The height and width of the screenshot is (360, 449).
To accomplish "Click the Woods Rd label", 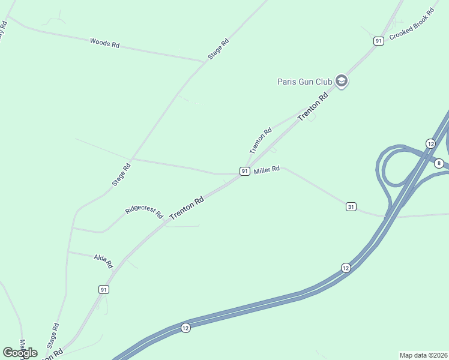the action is click(x=104, y=43).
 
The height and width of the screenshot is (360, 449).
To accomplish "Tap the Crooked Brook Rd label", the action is click(x=412, y=25).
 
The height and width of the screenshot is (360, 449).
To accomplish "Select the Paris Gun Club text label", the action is click(x=304, y=82).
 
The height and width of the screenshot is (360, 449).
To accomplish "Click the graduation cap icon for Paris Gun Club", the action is click(x=342, y=81).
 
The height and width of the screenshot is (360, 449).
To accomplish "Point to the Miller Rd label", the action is click(x=267, y=170).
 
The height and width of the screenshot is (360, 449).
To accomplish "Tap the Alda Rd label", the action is click(x=103, y=260).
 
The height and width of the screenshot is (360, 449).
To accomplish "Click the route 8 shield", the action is click(x=439, y=163).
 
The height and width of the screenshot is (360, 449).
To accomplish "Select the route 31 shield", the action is click(x=351, y=207).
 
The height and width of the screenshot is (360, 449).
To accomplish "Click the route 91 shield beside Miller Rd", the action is click(x=244, y=172).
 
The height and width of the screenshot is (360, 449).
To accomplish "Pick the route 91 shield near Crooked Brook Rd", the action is click(x=378, y=41).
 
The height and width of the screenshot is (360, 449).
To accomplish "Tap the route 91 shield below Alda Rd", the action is click(x=104, y=289).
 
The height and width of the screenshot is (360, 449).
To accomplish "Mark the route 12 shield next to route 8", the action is click(x=430, y=143).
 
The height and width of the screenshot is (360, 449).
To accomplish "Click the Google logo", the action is click(x=20, y=353).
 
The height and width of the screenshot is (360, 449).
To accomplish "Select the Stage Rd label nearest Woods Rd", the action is click(x=219, y=49).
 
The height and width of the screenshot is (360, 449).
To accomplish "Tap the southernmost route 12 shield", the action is click(x=185, y=328).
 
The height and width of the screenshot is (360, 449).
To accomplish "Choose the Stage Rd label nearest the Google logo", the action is click(x=53, y=335).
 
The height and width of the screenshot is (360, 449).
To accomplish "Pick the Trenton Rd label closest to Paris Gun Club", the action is click(x=314, y=106).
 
